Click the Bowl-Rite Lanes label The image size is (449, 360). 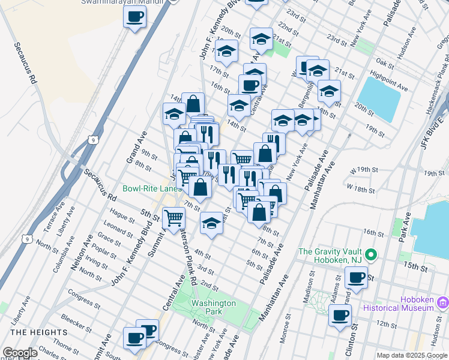(x=152, y=188)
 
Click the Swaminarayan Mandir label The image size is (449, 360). (x=124, y=2)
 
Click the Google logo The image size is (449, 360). (x=20, y=353)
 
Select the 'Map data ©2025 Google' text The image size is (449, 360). (x=412, y=355)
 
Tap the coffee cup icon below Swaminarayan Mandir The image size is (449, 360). (x=135, y=16)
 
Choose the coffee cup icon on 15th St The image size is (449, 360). (x=357, y=277)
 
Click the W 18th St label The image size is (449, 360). (x=364, y=189)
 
